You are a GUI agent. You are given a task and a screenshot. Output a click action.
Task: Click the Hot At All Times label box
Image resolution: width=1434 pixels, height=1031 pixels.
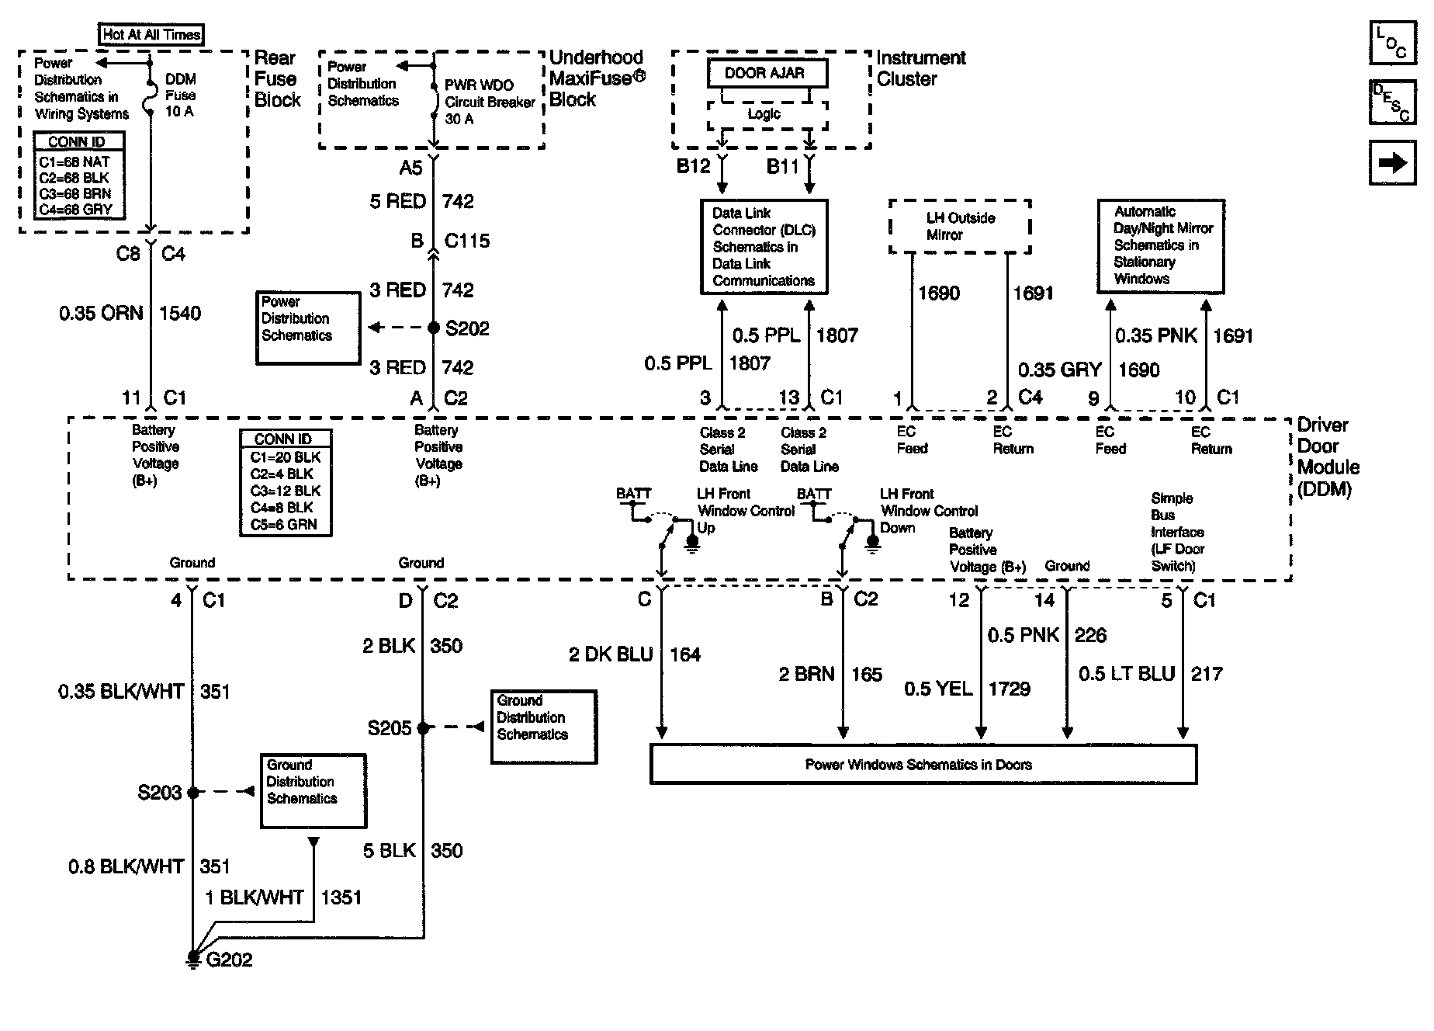[152, 34]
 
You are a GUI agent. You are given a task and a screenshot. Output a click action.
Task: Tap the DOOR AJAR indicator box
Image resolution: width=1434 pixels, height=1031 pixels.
[767, 74]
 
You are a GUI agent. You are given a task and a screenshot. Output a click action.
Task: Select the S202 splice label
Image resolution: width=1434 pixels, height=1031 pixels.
[467, 328]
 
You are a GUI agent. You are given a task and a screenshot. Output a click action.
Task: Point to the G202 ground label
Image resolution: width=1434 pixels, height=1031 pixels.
[230, 960]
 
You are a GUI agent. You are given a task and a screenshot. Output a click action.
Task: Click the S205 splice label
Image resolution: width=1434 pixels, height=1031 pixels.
[390, 728]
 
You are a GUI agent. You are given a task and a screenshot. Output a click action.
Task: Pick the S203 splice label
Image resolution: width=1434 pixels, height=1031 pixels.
[160, 793]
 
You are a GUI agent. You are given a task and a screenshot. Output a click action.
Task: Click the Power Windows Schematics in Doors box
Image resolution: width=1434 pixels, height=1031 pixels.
[923, 765]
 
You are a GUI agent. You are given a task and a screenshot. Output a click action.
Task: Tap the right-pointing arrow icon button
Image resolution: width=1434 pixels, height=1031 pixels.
[1392, 162]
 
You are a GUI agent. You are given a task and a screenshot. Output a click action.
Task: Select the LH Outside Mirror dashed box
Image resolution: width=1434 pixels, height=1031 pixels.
[960, 227]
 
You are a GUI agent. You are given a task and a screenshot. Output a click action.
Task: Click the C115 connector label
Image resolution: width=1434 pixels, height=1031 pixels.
[467, 241]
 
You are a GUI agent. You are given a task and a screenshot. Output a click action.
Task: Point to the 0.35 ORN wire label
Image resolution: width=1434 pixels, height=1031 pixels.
[101, 314]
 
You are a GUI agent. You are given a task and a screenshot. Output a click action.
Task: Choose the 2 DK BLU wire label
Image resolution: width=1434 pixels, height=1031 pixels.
[611, 655]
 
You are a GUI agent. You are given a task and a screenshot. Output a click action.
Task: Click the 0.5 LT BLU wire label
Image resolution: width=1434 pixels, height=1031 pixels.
[1127, 674]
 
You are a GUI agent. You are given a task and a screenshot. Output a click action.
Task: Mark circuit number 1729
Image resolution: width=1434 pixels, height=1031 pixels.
[1009, 689]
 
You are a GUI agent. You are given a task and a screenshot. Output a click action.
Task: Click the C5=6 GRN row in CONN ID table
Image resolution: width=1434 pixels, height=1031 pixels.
[284, 525]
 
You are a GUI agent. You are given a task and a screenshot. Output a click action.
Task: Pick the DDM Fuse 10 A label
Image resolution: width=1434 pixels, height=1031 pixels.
[180, 95]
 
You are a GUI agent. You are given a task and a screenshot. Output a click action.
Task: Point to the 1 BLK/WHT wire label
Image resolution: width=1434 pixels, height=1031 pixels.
[255, 897]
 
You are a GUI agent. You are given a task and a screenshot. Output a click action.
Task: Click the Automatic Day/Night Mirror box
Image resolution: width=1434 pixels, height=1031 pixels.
[1161, 245]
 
